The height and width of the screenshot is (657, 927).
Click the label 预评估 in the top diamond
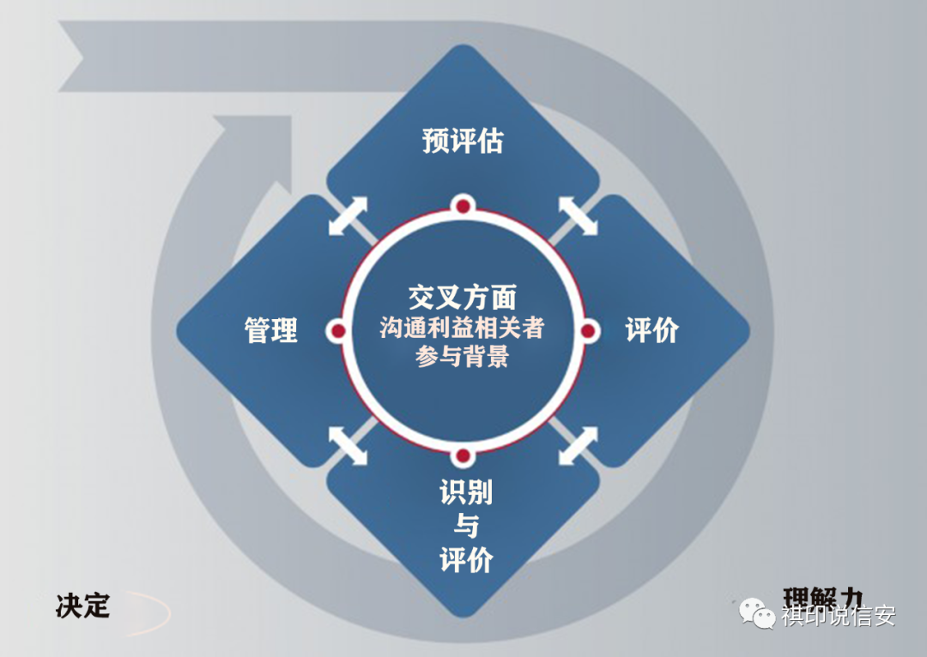463,141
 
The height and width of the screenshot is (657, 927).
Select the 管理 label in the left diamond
271,330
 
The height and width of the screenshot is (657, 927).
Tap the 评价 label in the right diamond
651,330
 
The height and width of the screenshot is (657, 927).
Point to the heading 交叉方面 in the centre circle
463,298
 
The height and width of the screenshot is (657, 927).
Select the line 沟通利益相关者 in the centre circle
463,328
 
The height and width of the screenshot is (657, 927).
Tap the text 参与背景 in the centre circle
463,357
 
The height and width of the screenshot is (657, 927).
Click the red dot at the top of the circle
463,206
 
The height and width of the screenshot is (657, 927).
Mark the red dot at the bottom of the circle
463,455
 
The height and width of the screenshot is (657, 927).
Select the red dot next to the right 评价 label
589,330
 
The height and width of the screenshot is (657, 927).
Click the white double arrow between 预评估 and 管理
348,215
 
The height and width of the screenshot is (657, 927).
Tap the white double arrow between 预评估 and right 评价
579,215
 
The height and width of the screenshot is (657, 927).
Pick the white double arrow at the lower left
348,446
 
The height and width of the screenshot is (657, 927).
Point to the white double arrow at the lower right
579,446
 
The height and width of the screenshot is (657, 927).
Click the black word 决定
83,606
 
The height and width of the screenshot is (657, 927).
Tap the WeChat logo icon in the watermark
759,613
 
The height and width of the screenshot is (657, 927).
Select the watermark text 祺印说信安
838,615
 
